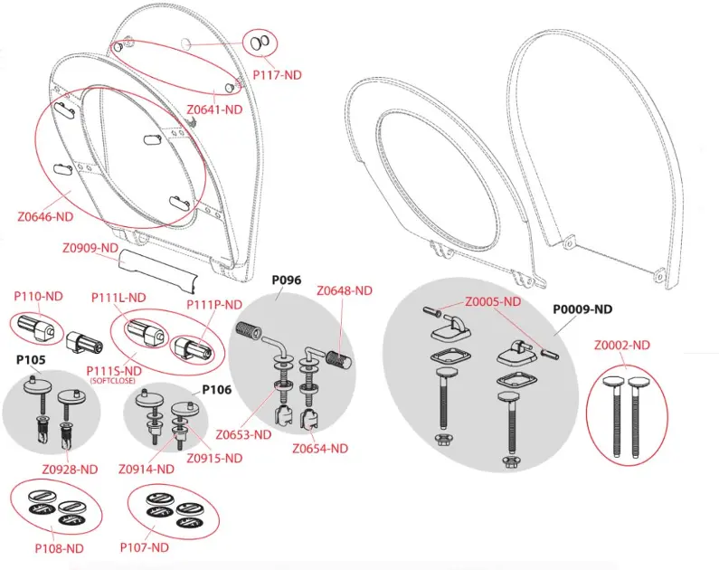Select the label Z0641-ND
(214, 109)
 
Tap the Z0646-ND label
(45, 217)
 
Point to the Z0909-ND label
(90, 248)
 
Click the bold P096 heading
(288, 280)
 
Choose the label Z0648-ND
(345, 290)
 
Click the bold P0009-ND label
(582, 309)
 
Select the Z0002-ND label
(622, 345)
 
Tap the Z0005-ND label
(493, 301)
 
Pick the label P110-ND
(38, 296)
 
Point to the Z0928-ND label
(71, 469)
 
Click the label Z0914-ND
(147, 469)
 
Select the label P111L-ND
(118, 297)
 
